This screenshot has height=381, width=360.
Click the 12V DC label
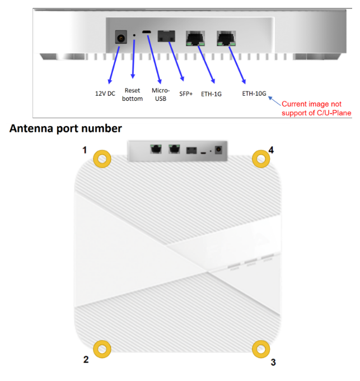coord(105,94)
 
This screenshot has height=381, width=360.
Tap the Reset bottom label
coord(132,95)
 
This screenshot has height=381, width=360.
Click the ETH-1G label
coord(212,94)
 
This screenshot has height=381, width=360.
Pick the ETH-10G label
coord(255,94)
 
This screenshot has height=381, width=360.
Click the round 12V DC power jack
coord(120,38)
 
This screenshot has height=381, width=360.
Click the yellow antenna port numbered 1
coord(102,159)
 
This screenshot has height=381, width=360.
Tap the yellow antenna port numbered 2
coord(102,349)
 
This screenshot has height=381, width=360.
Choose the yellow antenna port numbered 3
coord(259,349)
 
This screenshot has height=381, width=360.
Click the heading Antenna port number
coord(66,128)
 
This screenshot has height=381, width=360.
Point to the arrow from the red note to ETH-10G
coord(275,100)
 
